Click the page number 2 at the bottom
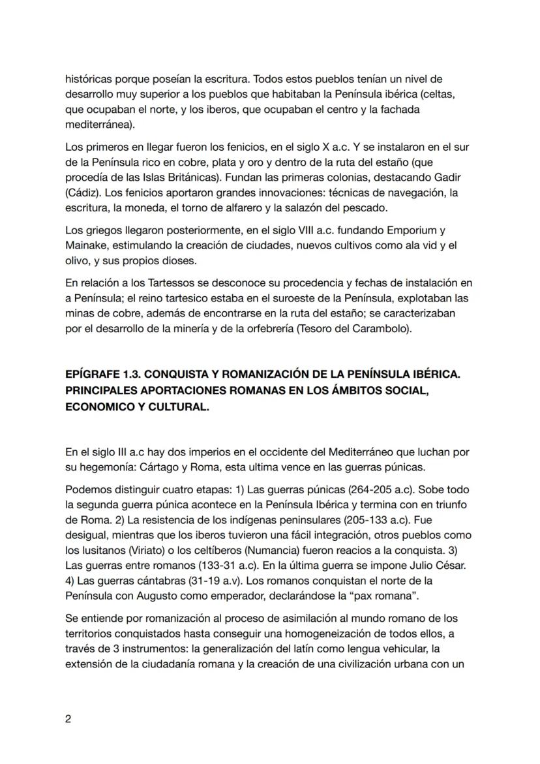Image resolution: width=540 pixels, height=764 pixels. click(x=68, y=719)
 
